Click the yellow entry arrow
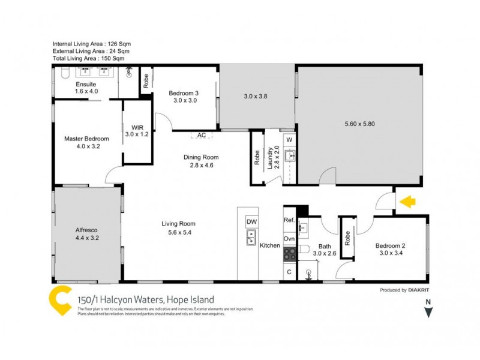tap(409, 202)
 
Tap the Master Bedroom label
tap(86, 139)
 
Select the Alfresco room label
tap(86, 230)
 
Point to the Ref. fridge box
tap(289, 220)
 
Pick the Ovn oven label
tap(289, 239)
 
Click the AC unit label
tap(202, 136)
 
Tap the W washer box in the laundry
tap(289, 140)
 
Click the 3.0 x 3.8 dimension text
tap(256, 96)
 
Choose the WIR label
tap(136, 127)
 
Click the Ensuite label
tap(86, 84)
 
